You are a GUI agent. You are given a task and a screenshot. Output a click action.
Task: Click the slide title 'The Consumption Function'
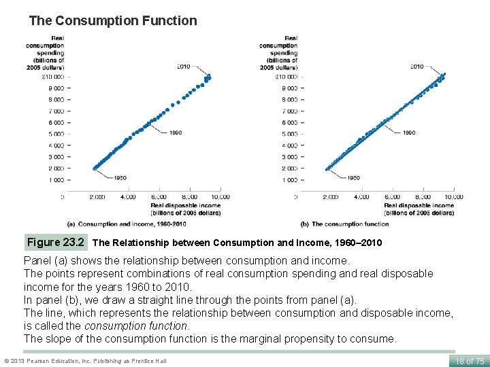pos(113,21)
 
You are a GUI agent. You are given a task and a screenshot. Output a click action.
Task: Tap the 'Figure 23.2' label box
pos(56,242)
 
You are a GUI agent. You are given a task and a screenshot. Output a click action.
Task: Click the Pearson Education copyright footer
pos(85,360)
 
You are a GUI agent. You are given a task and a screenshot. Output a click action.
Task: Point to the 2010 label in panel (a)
pos(183,67)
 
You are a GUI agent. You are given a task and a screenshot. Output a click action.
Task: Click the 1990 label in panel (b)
pos(408,133)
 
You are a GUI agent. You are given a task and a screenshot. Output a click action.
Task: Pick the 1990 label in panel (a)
pos(175,133)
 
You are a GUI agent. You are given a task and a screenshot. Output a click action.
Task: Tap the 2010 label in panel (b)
pos(416,67)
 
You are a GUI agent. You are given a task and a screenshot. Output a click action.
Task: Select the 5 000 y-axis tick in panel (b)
pos(289,134)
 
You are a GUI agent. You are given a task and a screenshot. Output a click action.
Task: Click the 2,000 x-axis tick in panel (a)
pos(97,197)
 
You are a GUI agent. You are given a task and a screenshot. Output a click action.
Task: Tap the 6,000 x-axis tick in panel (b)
pos(392,197)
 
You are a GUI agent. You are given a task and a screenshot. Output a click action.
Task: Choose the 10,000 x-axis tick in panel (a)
pos(219,197)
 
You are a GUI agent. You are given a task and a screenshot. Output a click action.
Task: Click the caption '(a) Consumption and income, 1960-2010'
pos(127,224)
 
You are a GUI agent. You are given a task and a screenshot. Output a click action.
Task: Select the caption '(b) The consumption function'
pos(345,224)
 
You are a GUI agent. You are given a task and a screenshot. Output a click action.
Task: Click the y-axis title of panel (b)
pos(279,53)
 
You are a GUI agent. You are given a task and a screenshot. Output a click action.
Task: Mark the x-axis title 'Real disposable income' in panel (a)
pos(185,205)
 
